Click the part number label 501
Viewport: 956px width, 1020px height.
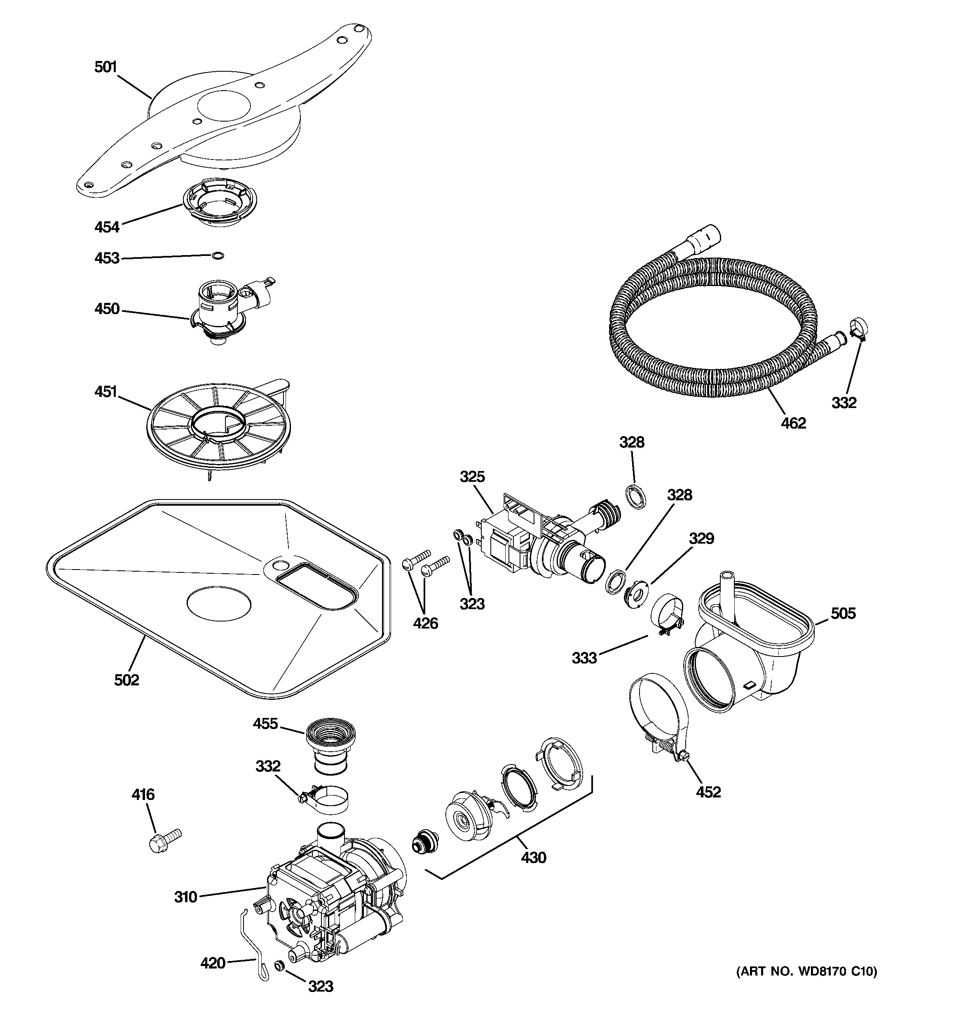click(x=106, y=67)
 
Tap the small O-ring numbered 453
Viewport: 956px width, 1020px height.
click(x=218, y=256)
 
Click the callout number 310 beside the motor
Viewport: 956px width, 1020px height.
click(x=185, y=897)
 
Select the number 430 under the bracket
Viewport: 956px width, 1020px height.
click(x=534, y=857)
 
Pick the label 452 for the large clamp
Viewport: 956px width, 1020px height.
click(x=708, y=792)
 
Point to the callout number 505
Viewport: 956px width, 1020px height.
click(x=844, y=613)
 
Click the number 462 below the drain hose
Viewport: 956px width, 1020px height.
click(x=793, y=423)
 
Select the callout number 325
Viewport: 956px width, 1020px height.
click(x=472, y=477)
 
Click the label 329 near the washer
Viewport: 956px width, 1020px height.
click(x=701, y=538)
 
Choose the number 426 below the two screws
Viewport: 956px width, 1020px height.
click(x=426, y=624)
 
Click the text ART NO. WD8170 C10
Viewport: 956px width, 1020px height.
click(x=807, y=971)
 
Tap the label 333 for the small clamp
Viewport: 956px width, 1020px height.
click(x=584, y=658)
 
